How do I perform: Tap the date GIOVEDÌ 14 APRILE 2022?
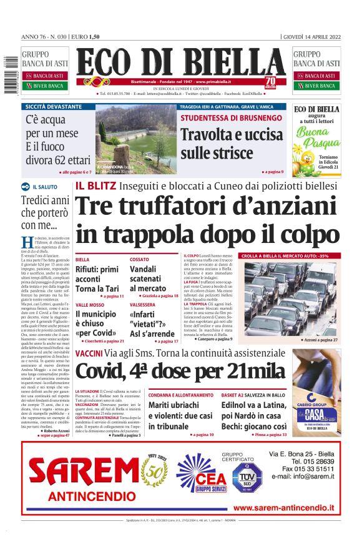(x=312, y=36)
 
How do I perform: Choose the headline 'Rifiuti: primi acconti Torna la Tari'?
(x=97, y=279)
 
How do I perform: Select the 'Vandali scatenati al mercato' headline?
(x=148, y=279)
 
